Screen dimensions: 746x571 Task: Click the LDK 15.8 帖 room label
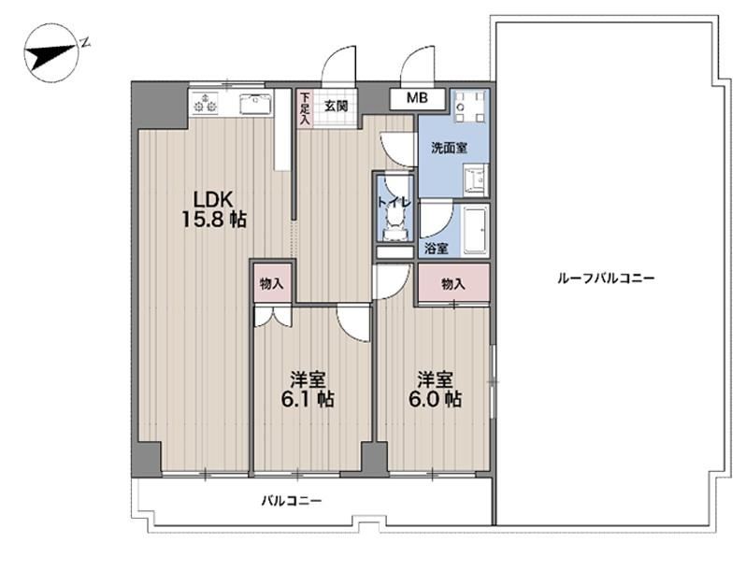(x=214, y=208)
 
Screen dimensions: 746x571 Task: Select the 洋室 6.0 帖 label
(x=435, y=390)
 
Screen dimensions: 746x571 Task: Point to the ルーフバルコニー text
(x=606, y=278)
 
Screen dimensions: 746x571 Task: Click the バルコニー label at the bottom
(x=292, y=501)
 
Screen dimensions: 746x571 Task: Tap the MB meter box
(x=417, y=98)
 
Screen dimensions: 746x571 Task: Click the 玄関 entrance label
(x=336, y=106)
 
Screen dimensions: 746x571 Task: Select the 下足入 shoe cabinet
(x=304, y=109)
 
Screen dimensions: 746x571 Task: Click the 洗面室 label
(x=449, y=148)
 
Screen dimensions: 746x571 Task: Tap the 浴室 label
(x=436, y=248)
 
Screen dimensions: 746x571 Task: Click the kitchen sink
(x=255, y=104)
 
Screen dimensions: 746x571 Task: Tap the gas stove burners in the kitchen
(x=205, y=103)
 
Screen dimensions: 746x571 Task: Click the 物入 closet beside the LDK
(x=271, y=284)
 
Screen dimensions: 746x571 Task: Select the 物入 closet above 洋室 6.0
(x=453, y=284)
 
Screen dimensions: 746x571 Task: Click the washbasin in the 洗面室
(x=475, y=179)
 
